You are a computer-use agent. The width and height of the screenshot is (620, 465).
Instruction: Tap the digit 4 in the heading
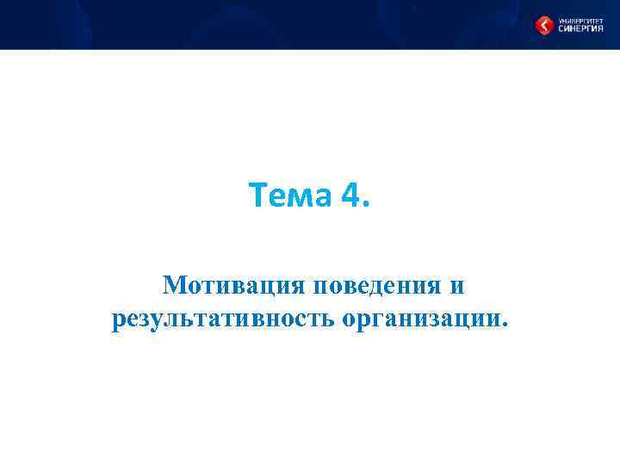(351, 197)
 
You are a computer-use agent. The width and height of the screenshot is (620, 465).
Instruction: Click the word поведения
(377, 284)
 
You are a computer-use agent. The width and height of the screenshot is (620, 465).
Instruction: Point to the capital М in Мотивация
(174, 284)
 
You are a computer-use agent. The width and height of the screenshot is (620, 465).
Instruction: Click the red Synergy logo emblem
(544, 26)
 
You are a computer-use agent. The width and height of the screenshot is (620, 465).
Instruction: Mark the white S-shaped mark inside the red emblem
(544, 26)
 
